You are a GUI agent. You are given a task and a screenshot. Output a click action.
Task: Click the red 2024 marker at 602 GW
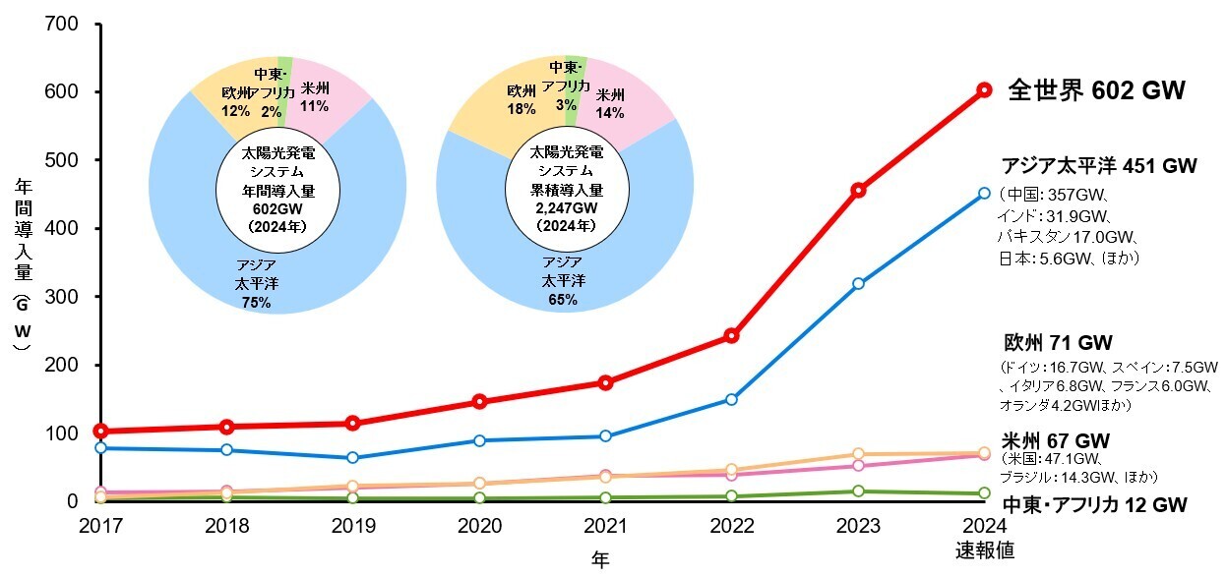(x=984, y=89)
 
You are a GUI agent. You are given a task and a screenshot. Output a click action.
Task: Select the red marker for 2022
(x=731, y=336)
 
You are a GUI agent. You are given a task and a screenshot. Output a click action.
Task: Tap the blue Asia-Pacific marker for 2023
(x=858, y=283)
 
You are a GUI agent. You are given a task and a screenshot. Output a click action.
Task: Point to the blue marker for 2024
(x=984, y=194)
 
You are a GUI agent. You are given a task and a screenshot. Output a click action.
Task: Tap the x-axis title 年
(x=600, y=559)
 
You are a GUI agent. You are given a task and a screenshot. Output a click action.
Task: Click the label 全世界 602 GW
(x=1096, y=91)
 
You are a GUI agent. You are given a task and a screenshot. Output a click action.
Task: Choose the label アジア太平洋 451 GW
(x=1098, y=166)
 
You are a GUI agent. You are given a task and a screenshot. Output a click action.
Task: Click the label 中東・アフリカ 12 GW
(x=1094, y=505)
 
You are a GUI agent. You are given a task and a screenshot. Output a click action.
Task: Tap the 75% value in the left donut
(x=256, y=303)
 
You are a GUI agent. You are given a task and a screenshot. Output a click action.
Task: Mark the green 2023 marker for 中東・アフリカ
(x=858, y=490)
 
